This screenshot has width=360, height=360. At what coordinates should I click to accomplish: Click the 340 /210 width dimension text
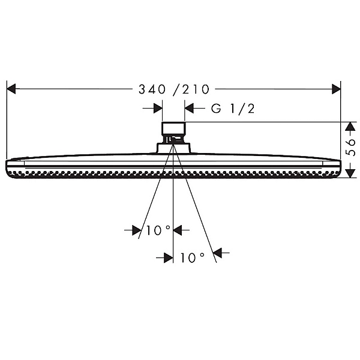[x=174, y=89]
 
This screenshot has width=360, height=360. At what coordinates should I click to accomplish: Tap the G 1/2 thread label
[x=233, y=109]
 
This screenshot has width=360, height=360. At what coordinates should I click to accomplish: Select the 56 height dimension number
[x=350, y=148]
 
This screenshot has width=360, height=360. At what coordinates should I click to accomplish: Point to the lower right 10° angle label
[x=193, y=257]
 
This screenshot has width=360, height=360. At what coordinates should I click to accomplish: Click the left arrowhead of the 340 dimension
[x=11, y=89]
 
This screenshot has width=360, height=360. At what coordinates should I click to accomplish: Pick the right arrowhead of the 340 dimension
[x=337, y=89]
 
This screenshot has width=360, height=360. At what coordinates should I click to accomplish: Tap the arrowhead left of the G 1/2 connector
[x=158, y=108]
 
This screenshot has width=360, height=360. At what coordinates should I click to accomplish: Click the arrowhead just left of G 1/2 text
[x=189, y=108]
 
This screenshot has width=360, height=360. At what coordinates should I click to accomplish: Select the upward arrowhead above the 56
[x=350, y=127]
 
